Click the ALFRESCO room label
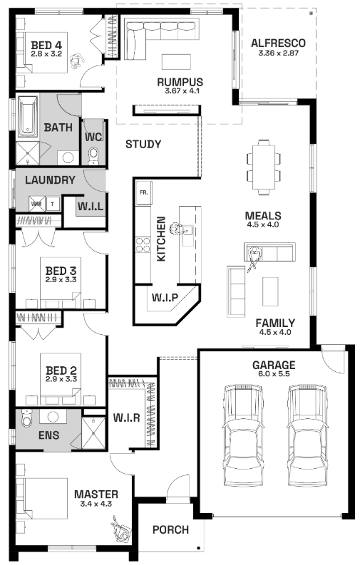(x=278, y=43)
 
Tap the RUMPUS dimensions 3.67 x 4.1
(x=182, y=90)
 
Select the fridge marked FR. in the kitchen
(x=143, y=193)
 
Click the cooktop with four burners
(x=143, y=244)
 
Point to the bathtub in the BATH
(x=28, y=116)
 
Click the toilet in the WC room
(x=93, y=156)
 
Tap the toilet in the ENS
(x=26, y=418)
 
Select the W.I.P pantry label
(x=165, y=298)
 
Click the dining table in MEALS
(x=264, y=167)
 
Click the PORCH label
(x=170, y=529)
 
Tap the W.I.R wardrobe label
(x=126, y=418)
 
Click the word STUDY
(x=143, y=145)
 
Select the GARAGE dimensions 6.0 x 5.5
(x=274, y=373)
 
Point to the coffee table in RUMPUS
(x=176, y=61)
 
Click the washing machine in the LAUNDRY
(x=37, y=204)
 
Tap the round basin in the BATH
(x=68, y=157)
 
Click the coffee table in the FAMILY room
(x=270, y=289)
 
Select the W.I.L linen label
(x=91, y=207)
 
